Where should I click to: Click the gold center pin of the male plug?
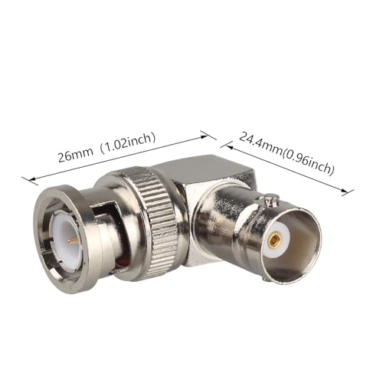tap(69, 239)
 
